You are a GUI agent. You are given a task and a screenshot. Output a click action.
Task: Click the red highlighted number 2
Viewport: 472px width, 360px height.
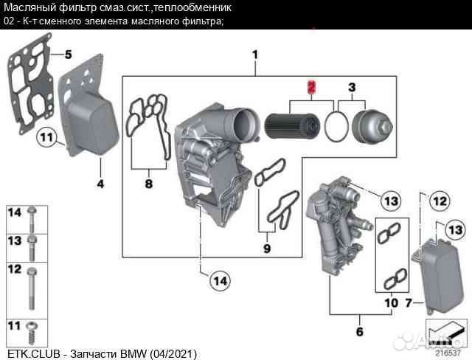(x=311, y=87)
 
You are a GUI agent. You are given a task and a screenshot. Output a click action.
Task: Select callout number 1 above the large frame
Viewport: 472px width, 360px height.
(x=254, y=55)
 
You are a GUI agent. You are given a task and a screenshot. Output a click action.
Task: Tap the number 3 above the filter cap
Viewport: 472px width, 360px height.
(x=352, y=87)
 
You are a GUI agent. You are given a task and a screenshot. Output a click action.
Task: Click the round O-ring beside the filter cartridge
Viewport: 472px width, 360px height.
(x=336, y=126)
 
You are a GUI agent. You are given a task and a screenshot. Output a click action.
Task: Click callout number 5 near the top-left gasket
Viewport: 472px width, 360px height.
(x=67, y=55)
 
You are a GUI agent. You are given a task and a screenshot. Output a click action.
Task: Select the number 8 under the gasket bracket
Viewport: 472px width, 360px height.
(x=147, y=184)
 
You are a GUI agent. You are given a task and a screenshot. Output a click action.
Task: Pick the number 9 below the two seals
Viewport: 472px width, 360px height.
(x=267, y=248)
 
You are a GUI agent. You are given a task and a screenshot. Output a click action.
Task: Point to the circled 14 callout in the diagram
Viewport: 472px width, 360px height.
(x=219, y=280)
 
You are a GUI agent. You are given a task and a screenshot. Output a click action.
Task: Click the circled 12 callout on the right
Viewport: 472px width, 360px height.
(x=440, y=200)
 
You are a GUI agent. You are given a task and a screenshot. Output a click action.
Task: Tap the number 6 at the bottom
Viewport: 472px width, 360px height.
(x=359, y=332)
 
